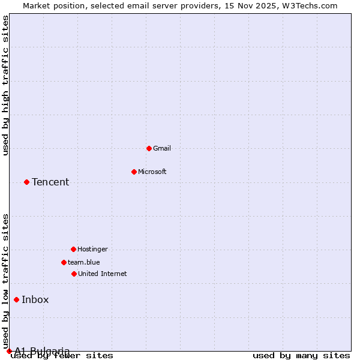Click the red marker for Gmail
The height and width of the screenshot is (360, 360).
[149, 148]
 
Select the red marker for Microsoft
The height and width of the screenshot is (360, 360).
[134, 172]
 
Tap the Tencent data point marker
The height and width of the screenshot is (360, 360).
[26, 182]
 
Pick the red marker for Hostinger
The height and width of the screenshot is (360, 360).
[73, 249]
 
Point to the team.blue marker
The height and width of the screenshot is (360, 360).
[64, 262]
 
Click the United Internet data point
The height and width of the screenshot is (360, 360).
[74, 274]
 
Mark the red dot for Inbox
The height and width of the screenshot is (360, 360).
[16, 299]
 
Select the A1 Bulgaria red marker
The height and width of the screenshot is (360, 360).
[9, 351]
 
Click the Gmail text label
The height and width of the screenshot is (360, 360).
[162, 148]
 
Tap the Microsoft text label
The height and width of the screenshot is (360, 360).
[152, 172]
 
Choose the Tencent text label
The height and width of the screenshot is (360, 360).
[50, 182]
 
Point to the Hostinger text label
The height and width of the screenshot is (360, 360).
[92, 249]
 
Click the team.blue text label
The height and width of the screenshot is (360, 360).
[84, 262]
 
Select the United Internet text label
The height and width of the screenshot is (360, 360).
[102, 274]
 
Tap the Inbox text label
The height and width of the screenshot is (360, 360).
[35, 300]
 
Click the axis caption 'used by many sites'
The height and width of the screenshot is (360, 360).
[301, 356]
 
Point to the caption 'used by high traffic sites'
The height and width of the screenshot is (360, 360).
[6, 85]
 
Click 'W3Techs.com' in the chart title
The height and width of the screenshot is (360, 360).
[310, 5]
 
